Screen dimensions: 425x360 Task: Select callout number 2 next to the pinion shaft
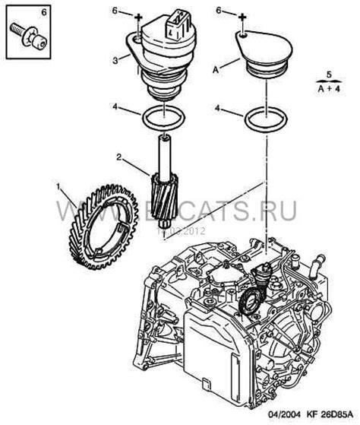pyautogui.click(x=118, y=157)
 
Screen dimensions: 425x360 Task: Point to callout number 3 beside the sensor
pyautogui.click(x=114, y=59)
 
